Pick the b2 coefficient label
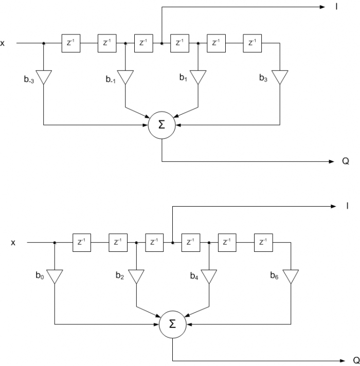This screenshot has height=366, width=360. coord(120,277)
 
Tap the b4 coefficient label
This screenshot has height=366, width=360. coord(193,277)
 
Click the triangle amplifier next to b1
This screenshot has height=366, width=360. coord(198,77)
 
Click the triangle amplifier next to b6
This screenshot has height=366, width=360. coord(291,276)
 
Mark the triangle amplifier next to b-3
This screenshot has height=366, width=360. coord(44,77)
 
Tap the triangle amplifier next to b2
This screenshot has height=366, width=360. coord(136,276)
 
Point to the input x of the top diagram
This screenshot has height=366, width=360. coord(3,44)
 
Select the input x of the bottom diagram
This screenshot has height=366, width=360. coord(14,242)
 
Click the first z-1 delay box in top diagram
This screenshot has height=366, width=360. coord(70,44)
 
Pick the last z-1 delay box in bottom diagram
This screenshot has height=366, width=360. coord(263,242)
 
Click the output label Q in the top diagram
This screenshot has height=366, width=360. coord(346,161)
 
